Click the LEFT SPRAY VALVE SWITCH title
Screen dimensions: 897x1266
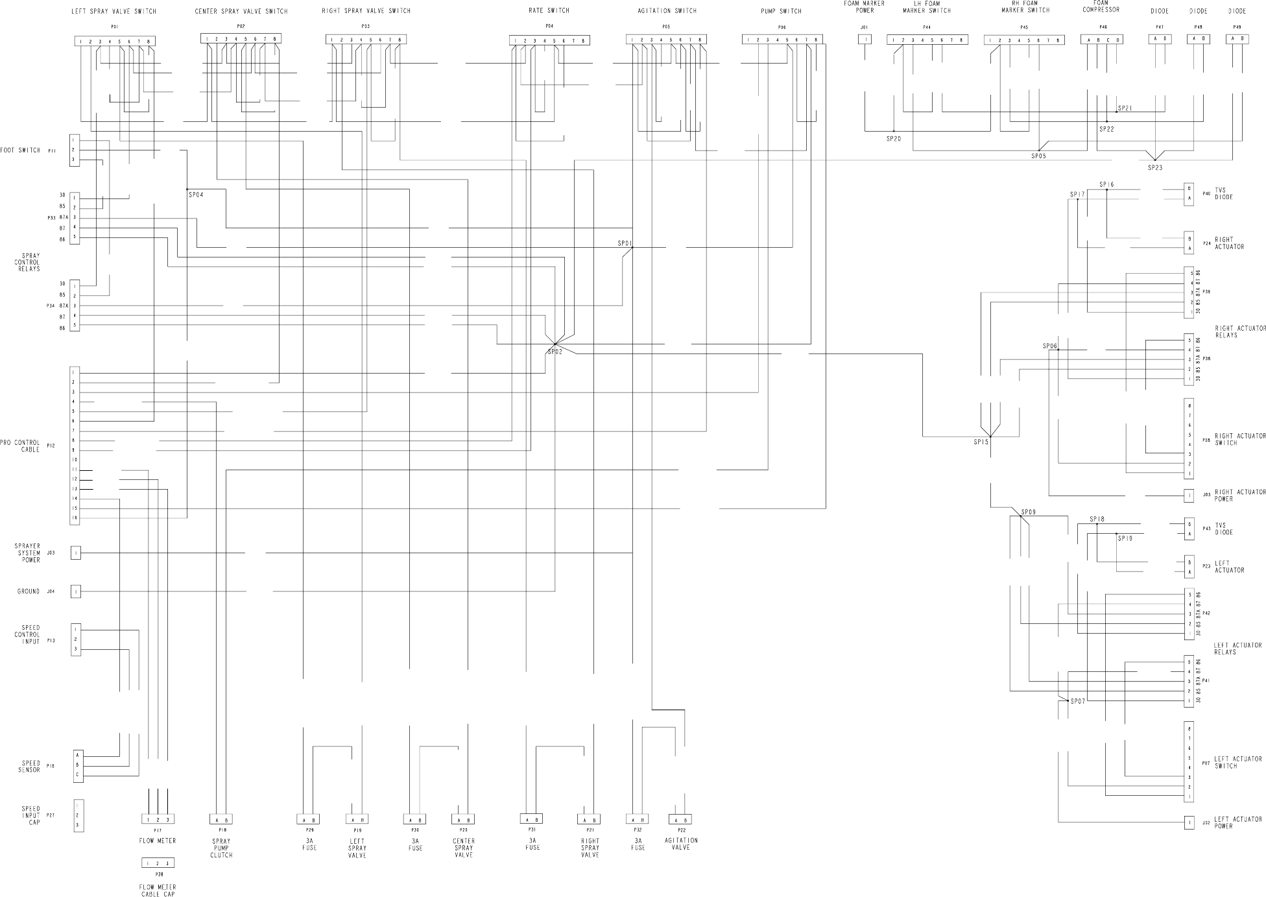tap(113, 12)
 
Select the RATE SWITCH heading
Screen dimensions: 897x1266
tap(549, 10)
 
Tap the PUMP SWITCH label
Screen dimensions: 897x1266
tap(781, 11)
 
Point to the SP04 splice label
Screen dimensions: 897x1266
tap(196, 195)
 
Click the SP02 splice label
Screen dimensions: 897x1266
tap(555, 352)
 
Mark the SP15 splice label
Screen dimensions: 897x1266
tap(981, 442)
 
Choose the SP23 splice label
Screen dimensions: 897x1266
tap(1155, 167)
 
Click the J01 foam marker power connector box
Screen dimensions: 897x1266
tap(865, 40)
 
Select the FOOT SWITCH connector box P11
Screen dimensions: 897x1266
tap(75, 150)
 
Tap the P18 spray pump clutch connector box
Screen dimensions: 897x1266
tap(221, 819)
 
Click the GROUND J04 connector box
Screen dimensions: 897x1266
tap(76, 592)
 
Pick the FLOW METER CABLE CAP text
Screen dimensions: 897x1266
tap(158, 890)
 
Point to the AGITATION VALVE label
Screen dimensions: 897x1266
tap(681, 843)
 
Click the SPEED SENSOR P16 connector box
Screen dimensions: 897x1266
tap(78, 765)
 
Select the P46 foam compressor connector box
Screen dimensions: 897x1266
tap(1103, 40)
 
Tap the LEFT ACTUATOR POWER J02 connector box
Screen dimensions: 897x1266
tap(1189, 822)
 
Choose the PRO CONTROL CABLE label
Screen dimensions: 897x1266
tap(20, 446)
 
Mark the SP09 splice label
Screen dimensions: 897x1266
tap(1028, 512)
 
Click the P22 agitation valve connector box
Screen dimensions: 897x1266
tap(680, 819)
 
